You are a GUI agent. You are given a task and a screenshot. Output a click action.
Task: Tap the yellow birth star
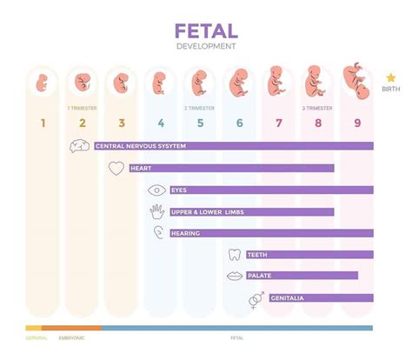(391, 78)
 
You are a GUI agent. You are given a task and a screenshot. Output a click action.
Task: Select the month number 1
(42, 123)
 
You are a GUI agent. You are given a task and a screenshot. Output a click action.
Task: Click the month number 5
(200, 123)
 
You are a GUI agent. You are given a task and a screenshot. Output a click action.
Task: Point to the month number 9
(357, 123)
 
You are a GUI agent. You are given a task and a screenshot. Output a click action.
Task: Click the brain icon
(79, 146)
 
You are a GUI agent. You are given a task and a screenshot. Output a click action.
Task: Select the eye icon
(157, 190)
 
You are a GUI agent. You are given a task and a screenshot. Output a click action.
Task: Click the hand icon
(157, 211)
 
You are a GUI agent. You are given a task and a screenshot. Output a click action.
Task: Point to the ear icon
(158, 233)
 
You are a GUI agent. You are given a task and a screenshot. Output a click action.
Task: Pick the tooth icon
(233, 255)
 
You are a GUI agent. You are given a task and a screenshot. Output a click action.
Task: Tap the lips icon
(234, 276)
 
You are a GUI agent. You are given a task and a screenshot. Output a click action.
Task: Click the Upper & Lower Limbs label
(203, 211)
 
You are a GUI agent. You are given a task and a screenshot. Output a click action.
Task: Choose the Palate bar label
(259, 276)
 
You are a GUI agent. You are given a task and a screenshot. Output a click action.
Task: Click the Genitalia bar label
(287, 298)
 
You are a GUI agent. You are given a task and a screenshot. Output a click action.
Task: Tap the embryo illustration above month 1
(42, 84)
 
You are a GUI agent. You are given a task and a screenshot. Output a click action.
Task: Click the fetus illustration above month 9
(356, 80)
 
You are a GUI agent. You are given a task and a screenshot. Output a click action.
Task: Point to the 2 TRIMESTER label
(199, 109)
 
